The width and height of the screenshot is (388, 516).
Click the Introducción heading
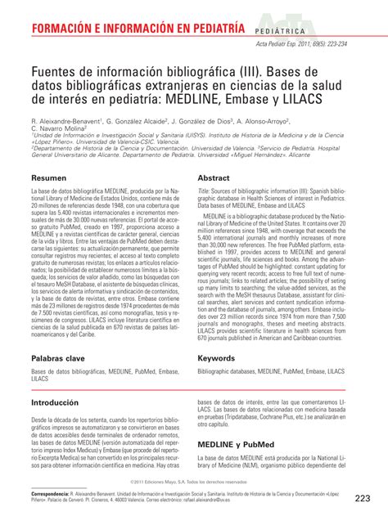[60, 403]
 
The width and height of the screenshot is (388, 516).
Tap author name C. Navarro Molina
[60, 128]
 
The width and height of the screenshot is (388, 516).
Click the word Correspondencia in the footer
[61, 494]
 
